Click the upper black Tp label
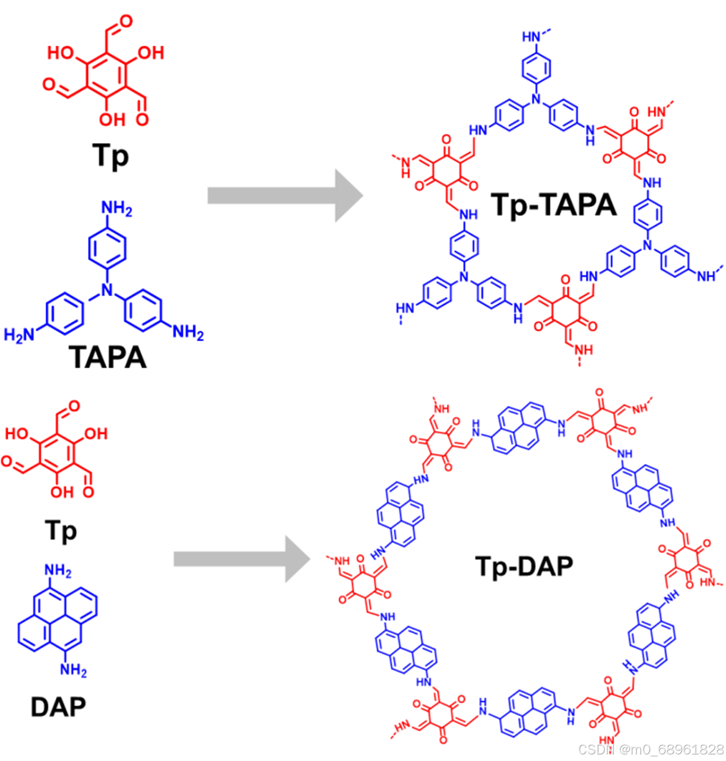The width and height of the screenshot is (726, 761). click(110, 156)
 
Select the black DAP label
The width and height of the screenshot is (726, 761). click(58, 706)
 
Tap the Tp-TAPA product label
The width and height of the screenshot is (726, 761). click(554, 205)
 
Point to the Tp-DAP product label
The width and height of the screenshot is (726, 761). click(524, 566)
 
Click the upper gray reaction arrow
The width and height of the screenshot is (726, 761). click(285, 195)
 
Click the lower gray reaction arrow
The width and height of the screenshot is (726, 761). click(242, 559)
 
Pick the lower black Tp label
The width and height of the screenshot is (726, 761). click(61, 530)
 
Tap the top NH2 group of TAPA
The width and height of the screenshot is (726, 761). click(116, 209)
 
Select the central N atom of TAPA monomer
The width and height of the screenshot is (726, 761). click(107, 290)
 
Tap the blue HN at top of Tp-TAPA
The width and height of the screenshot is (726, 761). click(532, 37)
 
